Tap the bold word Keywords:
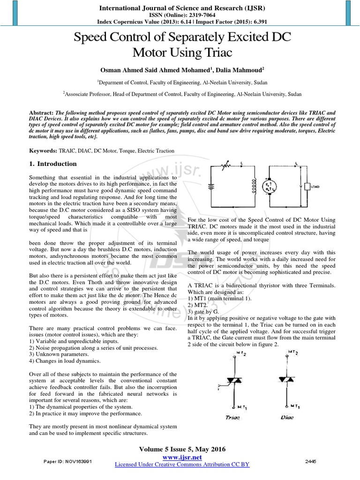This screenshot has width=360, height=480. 43,151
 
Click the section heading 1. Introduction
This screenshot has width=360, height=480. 52,164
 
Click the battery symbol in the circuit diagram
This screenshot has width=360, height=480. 211,186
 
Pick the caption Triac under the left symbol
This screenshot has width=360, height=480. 232,417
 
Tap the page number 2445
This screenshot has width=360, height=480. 310,461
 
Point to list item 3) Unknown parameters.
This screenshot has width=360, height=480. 58,355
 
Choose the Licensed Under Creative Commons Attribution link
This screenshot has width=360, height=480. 182,464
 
